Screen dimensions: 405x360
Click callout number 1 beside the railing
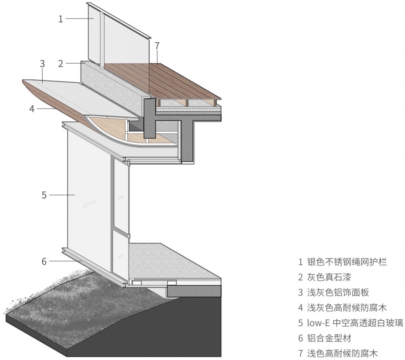pos(61,19)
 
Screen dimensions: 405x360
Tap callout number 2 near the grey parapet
pos(61,64)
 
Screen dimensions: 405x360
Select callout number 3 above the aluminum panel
pos(42,64)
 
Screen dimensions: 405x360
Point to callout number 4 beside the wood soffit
pos(32,109)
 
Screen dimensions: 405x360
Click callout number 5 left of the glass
pos(44,195)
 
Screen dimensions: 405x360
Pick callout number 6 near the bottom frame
pos(44,261)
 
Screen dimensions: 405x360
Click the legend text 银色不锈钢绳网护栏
pos(347,262)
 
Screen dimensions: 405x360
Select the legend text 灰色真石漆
pos(329,277)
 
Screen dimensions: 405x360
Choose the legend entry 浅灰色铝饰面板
pos(338,292)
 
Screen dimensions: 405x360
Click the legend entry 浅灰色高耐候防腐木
pos(347,308)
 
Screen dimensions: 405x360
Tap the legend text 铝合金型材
pos(329,338)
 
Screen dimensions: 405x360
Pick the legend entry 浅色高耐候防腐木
pos(343,353)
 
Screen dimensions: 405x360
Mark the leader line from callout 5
pos(62,195)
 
